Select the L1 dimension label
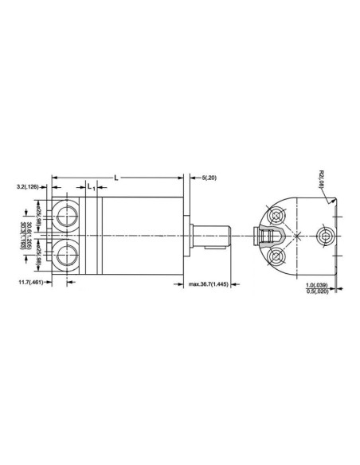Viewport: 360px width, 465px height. coord(91,187)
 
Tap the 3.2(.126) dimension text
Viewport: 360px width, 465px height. coord(27,187)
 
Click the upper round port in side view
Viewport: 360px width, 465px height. coord(65,215)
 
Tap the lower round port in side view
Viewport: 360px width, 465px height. coord(65,255)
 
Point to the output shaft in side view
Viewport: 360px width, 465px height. coord(211,236)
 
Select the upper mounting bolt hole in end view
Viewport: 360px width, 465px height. coord(276,217)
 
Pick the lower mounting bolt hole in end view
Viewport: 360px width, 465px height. coord(276,256)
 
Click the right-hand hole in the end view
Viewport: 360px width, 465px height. coord(325,236)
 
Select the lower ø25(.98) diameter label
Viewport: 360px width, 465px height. coord(37,255)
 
